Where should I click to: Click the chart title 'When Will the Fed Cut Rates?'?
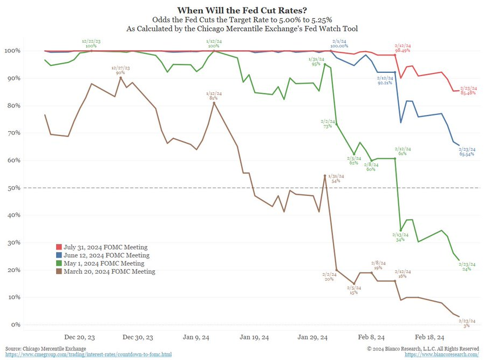(x=241, y=10)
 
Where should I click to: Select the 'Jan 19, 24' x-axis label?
(x=254, y=337)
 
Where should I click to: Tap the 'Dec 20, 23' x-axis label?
(x=80, y=337)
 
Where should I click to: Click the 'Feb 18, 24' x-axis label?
(x=430, y=337)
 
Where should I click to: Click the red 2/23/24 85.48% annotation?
(x=467, y=90)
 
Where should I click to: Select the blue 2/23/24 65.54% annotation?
(x=467, y=152)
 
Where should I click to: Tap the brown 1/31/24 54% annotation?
(x=335, y=179)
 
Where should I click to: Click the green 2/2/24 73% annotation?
(x=328, y=124)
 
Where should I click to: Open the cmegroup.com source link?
(x=88, y=355)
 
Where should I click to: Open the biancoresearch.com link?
(x=441, y=355)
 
